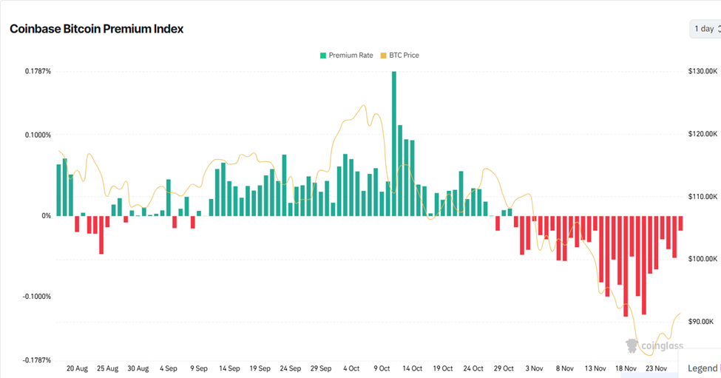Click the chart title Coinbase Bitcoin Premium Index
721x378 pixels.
(96, 29)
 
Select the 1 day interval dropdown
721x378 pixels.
(705, 29)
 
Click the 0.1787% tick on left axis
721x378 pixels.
(37, 72)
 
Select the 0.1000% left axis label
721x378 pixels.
(37, 135)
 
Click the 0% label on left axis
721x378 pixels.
(46, 216)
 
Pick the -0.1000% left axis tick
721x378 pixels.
(35, 297)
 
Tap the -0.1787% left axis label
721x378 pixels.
(35, 360)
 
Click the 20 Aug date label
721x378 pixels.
(77, 368)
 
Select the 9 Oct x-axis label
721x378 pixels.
(382, 368)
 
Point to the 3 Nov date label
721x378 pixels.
(533, 368)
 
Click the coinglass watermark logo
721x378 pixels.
(654, 345)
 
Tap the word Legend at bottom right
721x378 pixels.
(702, 368)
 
